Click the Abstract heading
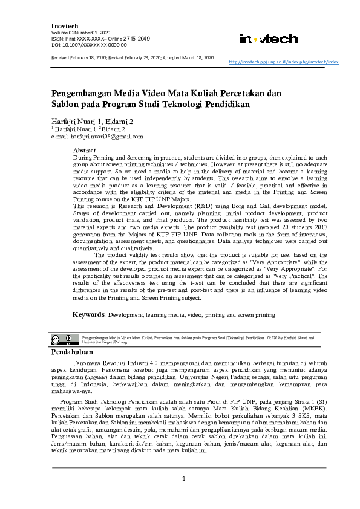pos(84,149)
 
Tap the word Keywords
pos(89,315)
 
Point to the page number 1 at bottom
pos(183,479)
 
